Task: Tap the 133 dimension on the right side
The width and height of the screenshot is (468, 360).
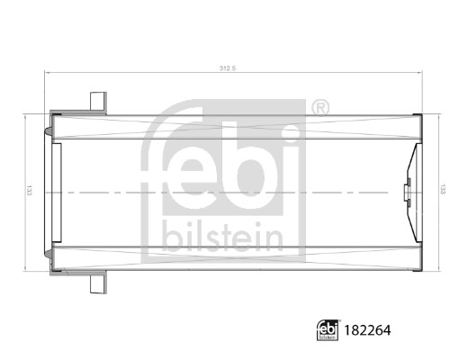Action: [x=441, y=191]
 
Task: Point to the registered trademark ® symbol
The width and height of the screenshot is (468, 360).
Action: [x=319, y=109]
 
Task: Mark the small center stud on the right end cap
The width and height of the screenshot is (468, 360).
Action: [x=407, y=192]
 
